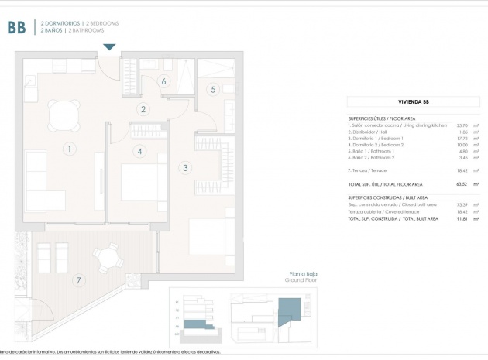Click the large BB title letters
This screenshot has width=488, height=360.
16,28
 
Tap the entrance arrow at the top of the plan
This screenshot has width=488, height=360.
109,47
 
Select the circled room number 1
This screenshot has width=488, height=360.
69,149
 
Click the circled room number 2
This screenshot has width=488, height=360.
143,109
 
